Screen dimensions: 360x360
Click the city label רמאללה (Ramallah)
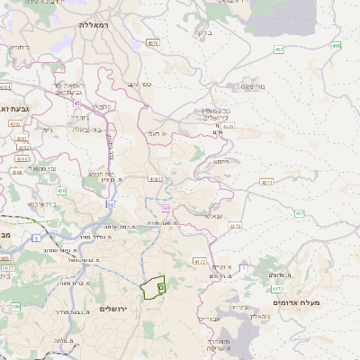coord(93,25)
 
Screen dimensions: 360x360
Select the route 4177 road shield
coord(200,261)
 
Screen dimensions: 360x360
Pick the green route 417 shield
coord(275,289)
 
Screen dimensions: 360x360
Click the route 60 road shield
coord(167,208)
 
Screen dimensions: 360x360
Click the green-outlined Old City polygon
coord(154,288)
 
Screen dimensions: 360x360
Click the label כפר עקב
coord(139,84)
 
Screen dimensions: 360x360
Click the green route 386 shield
coord(15,307)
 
